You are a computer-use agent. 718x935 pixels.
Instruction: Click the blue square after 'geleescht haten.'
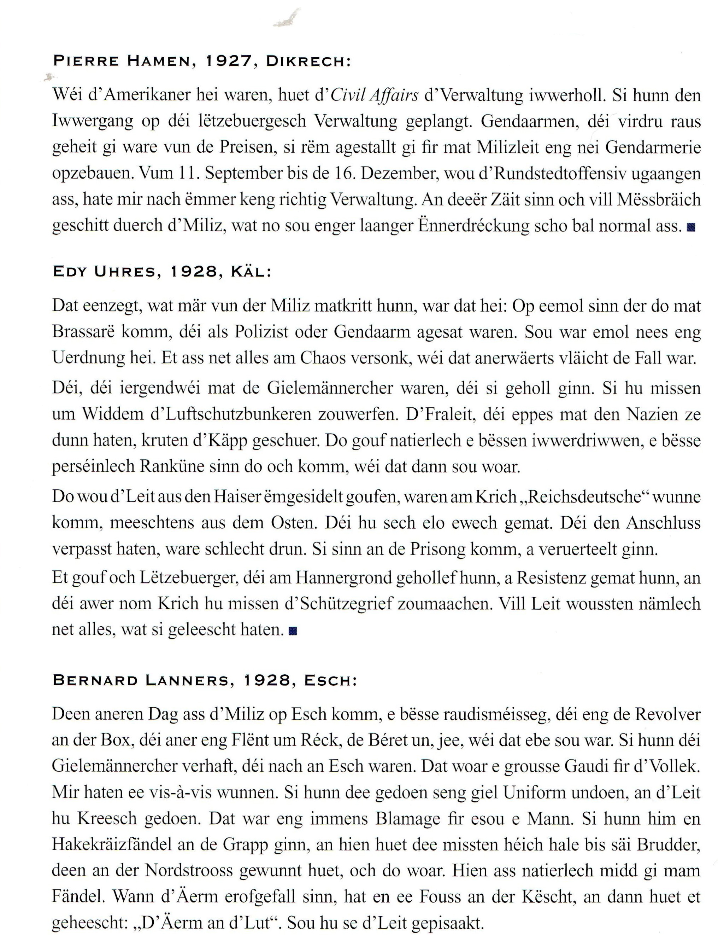point(293,631)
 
